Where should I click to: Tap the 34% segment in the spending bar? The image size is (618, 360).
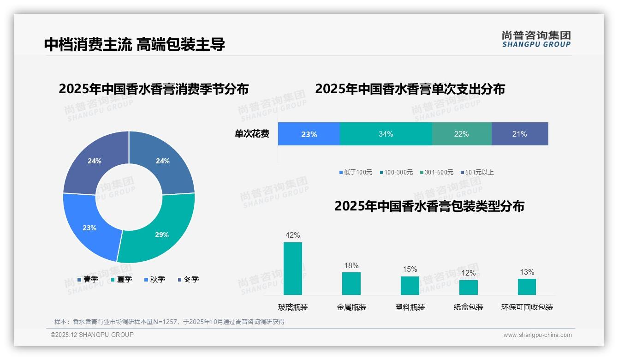[386, 134]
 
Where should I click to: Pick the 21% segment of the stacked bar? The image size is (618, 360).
[520, 134]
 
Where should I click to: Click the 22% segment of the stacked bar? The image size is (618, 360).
[461, 134]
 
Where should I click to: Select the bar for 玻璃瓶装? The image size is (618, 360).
[292, 269]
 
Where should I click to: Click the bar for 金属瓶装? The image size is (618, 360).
[351, 283]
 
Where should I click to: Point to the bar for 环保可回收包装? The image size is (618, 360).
[527, 287]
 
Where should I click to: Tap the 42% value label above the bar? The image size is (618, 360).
[292, 235]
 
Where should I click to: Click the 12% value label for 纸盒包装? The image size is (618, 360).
[468, 273]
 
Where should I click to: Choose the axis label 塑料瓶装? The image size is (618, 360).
[410, 307]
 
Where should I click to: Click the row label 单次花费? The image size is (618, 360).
[252, 134]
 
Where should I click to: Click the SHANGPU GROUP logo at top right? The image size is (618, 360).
[536, 39]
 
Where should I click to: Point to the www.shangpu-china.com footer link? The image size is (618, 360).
[537, 335]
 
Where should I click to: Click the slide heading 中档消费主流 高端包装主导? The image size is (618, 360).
[134, 44]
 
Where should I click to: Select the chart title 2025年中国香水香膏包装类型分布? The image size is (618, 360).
[429, 206]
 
